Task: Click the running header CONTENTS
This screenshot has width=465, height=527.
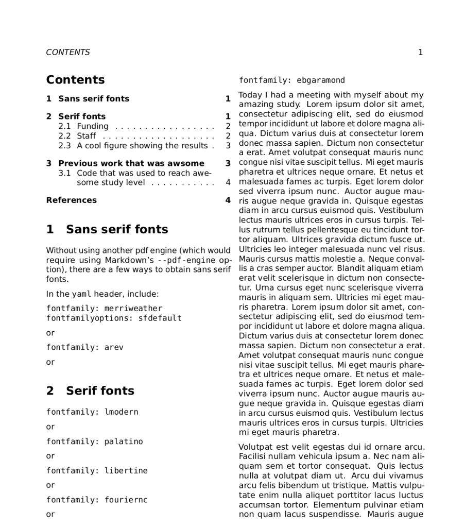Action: coord(67,52)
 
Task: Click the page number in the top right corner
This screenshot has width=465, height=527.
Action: coord(420,52)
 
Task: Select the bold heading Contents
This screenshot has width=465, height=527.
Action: coord(75,80)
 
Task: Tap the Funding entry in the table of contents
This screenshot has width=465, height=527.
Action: coord(93,126)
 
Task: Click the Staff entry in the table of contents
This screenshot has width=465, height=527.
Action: coord(86,136)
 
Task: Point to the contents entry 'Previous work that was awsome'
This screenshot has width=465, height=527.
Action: coord(131,163)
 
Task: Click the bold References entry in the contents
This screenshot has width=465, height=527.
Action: coord(71,200)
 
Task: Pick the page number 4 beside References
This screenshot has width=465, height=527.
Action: coord(228,200)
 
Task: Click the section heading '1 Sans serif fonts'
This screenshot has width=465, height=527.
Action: coord(107,229)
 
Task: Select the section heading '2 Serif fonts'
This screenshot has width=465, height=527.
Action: coord(90,391)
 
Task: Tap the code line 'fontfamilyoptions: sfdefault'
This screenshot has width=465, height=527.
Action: coord(114,318)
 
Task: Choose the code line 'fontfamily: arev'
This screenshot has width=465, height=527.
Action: coord(85,347)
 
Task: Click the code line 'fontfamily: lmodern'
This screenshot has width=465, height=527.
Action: coord(92,412)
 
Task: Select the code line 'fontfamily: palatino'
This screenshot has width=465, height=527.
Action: coord(95,441)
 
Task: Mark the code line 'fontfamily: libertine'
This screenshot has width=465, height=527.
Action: coord(97,471)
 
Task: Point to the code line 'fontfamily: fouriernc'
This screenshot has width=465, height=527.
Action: coord(97,500)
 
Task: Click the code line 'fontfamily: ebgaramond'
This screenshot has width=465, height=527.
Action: coord(292,80)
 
